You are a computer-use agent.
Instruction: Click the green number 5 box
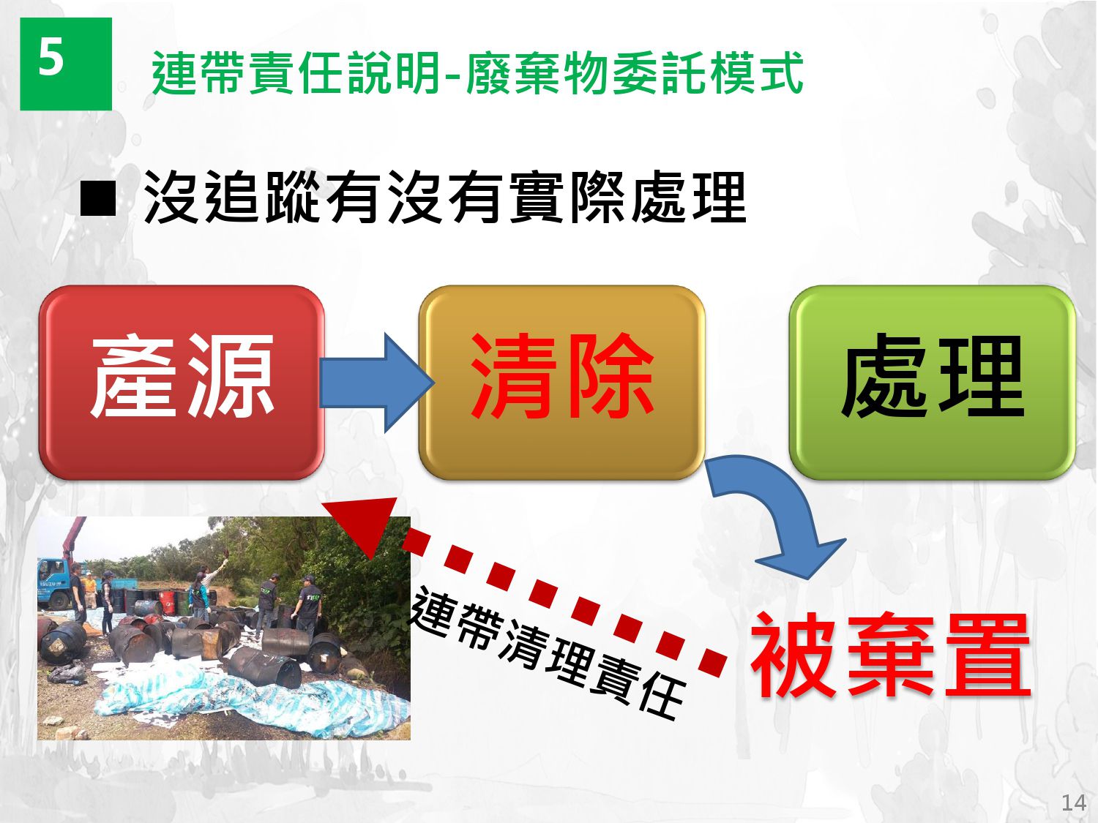pyautogui.click(x=66, y=64)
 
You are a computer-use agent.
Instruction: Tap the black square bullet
pyautogui.click(x=98, y=198)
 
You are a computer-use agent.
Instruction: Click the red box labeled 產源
pyautogui.click(x=182, y=383)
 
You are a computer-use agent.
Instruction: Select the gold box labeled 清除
pyautogui.click(x=561, y=383)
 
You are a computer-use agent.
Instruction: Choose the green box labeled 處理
pyautogui.click(x=933, y=383)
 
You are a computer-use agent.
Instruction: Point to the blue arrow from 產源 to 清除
pyautogui.click(x=376, y=383)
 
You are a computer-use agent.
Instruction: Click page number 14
pyautogui.click(x=1074, y=803)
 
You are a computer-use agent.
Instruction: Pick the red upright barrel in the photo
pyautogui.click(x=168, y=603)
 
